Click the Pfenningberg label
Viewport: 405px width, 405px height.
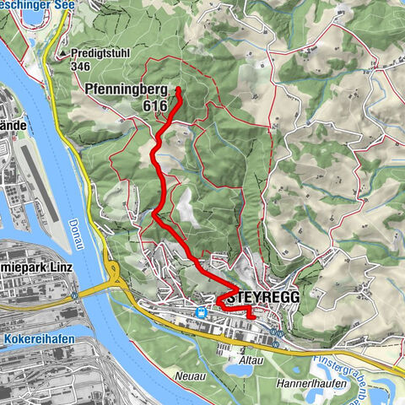(124, 87)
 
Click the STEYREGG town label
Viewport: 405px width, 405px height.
(263, 298)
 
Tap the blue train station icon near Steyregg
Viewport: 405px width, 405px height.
(202, 312)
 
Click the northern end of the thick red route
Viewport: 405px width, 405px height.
(180, 89)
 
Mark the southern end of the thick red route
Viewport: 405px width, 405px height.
(251, 318)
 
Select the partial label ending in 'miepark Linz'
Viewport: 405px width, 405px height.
(37, 267)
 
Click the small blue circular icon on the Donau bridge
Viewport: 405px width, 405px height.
(75, 295)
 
